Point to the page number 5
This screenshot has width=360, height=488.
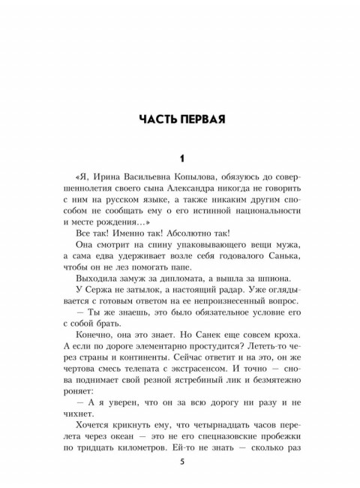coord(180,461)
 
